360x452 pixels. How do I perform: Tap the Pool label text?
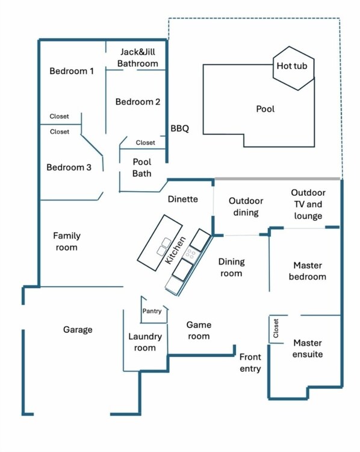click(x=265, y=109)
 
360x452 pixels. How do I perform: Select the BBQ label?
click(x=179, y=128)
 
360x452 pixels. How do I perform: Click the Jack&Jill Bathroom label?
click(x=138, y=58)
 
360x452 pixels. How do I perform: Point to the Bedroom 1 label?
click(x=72, y=71)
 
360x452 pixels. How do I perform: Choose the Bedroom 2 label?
click(x=138, y=102)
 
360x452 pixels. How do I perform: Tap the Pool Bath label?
click(x=142, y=168)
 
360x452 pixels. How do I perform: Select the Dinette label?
click(x=182, y=199)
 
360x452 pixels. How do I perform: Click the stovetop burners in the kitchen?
click(x=191, y=253)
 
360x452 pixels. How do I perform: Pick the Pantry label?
click(x=152, y=311)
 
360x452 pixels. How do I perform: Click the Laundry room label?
click(x=145, y=342)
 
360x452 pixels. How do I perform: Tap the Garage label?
click(x=78, y=330)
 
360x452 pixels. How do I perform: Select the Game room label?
click(x=199, y=330)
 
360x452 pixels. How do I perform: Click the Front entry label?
click(x=250, y=362)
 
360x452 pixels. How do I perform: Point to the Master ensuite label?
click(x=308, y=348)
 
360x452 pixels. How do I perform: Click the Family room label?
click(x=66, y=242)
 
